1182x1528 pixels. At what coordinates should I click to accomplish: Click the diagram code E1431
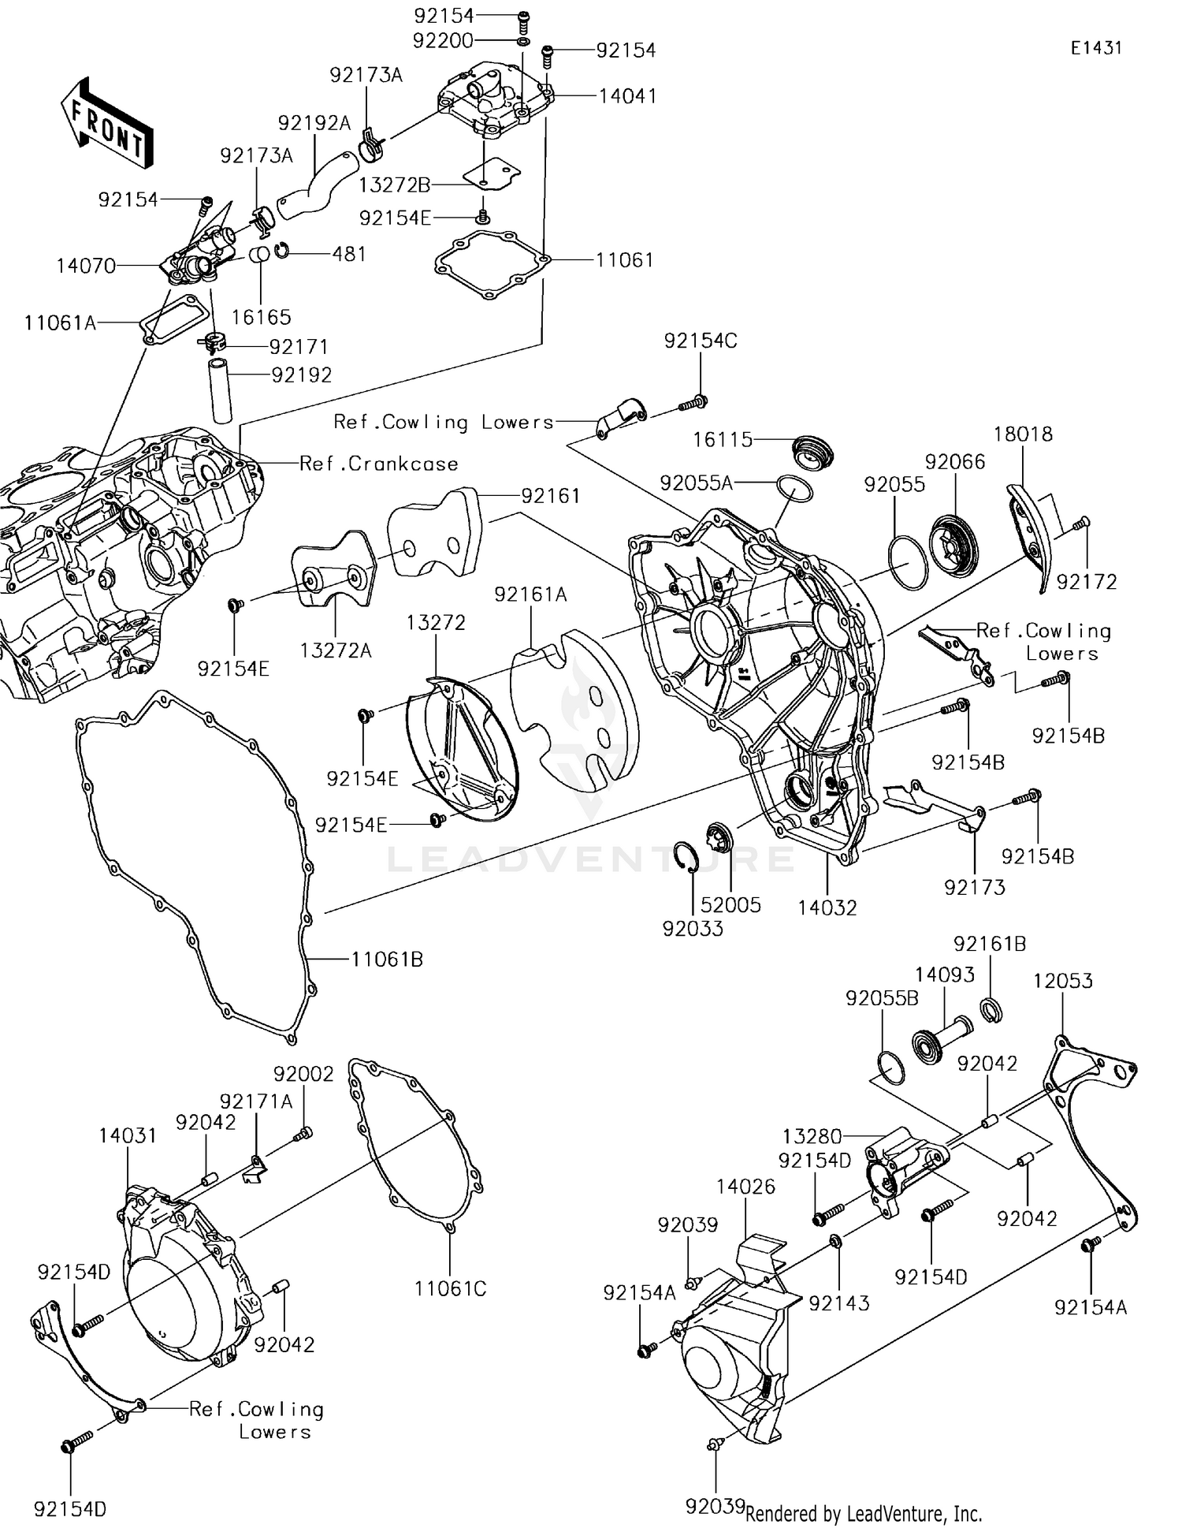[1095, 48]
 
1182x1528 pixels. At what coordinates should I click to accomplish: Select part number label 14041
[627, 96]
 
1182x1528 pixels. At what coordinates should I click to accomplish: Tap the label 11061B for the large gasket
[387, 960]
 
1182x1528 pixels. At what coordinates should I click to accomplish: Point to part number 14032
[827, 907]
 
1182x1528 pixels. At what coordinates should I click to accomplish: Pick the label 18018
[1023, 434]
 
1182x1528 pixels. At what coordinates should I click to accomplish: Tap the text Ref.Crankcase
[379, 464]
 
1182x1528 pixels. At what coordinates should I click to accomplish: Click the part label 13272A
[336, 650]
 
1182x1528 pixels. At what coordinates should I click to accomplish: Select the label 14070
[86, 266]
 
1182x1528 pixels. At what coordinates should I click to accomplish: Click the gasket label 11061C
[450, 1288]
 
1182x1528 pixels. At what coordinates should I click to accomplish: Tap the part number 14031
[128, 1135]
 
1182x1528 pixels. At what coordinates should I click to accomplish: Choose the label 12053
[1063, 981]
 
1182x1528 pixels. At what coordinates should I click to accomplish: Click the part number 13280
[812, 1136]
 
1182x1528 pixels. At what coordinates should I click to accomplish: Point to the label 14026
[745, 1187]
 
